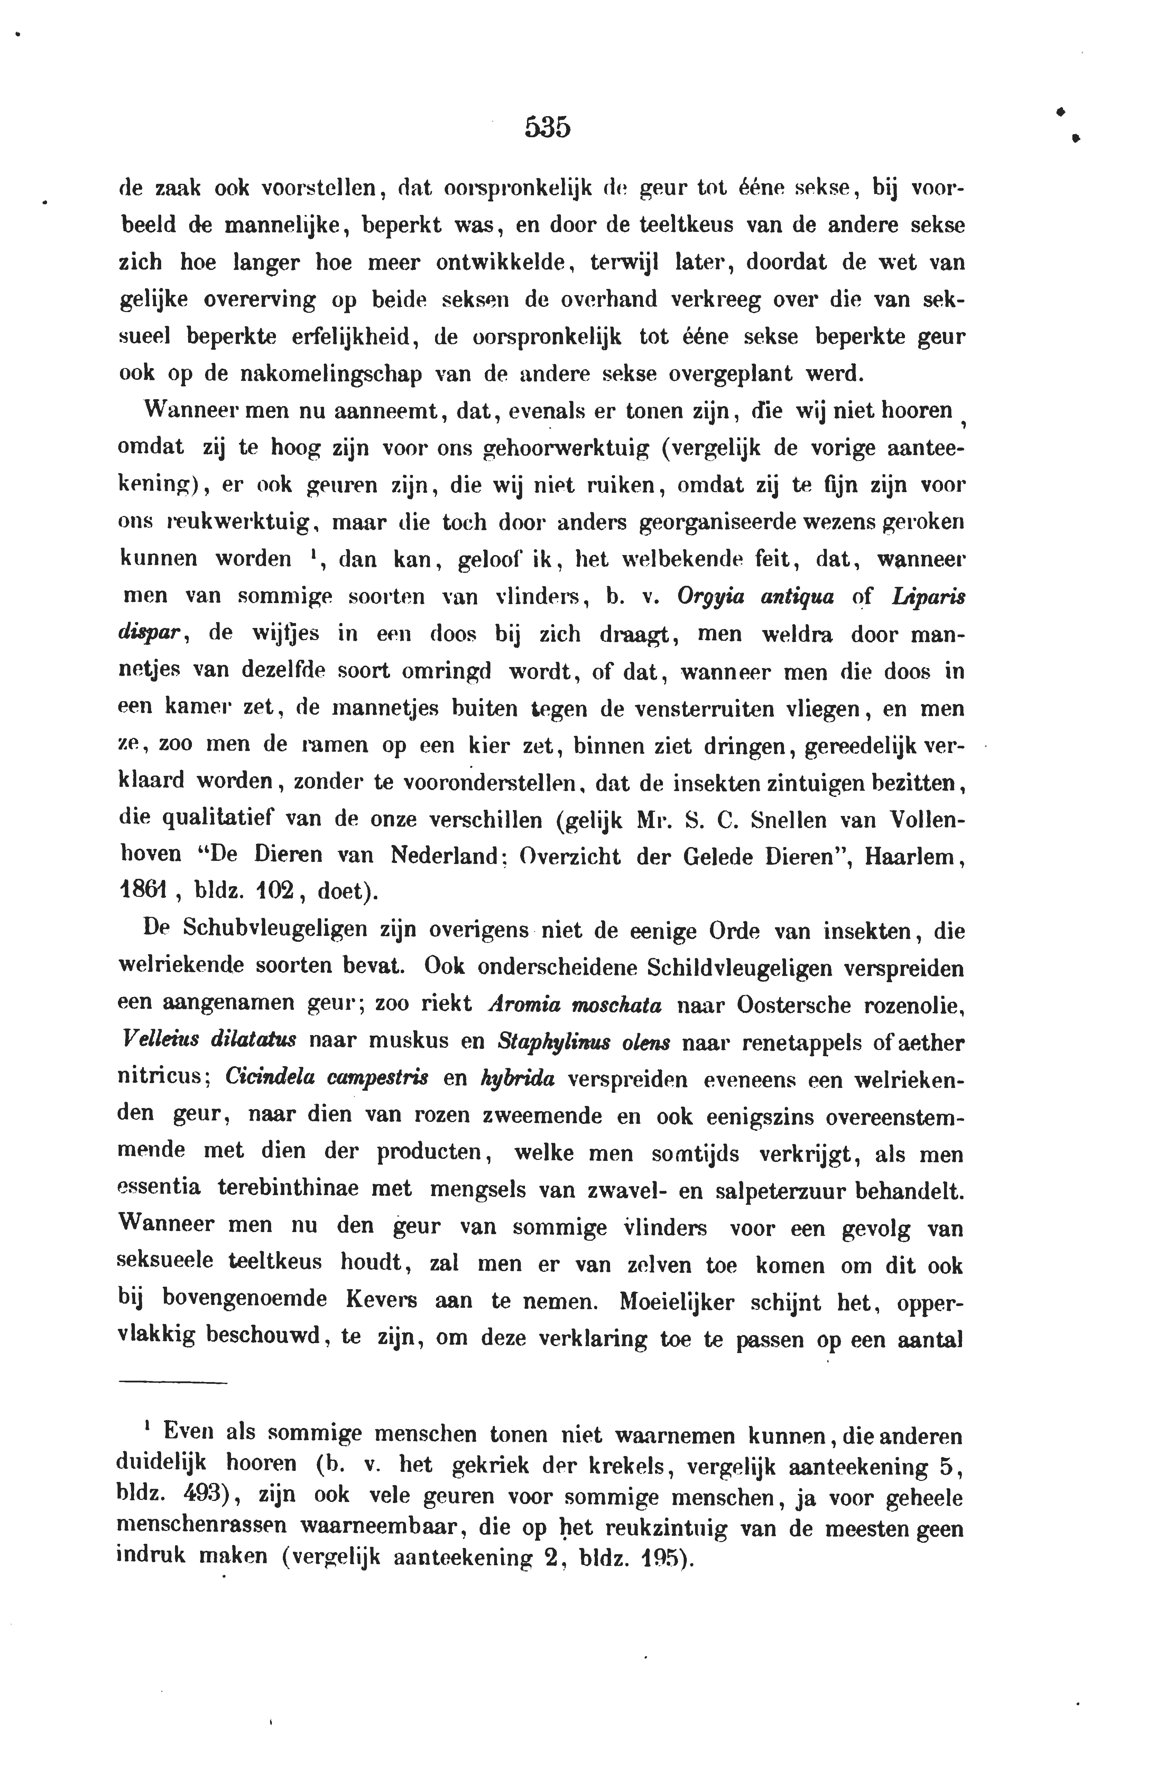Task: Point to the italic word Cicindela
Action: click(x=259, y=1079)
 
